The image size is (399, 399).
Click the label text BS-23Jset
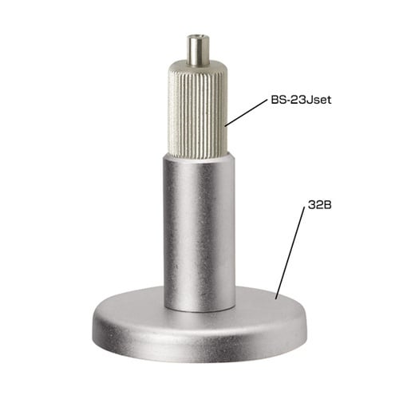coord(301,100)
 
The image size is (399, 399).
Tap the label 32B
coord(320,205)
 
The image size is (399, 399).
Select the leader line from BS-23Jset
coord(246,113)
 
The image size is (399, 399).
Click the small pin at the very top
coord(198,50)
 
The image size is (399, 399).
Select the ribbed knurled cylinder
coord(198,110)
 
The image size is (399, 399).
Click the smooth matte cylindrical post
coord(199,234)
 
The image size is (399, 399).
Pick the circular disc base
coord(199,326)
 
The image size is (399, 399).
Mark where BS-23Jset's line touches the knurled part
coord(226,125)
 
